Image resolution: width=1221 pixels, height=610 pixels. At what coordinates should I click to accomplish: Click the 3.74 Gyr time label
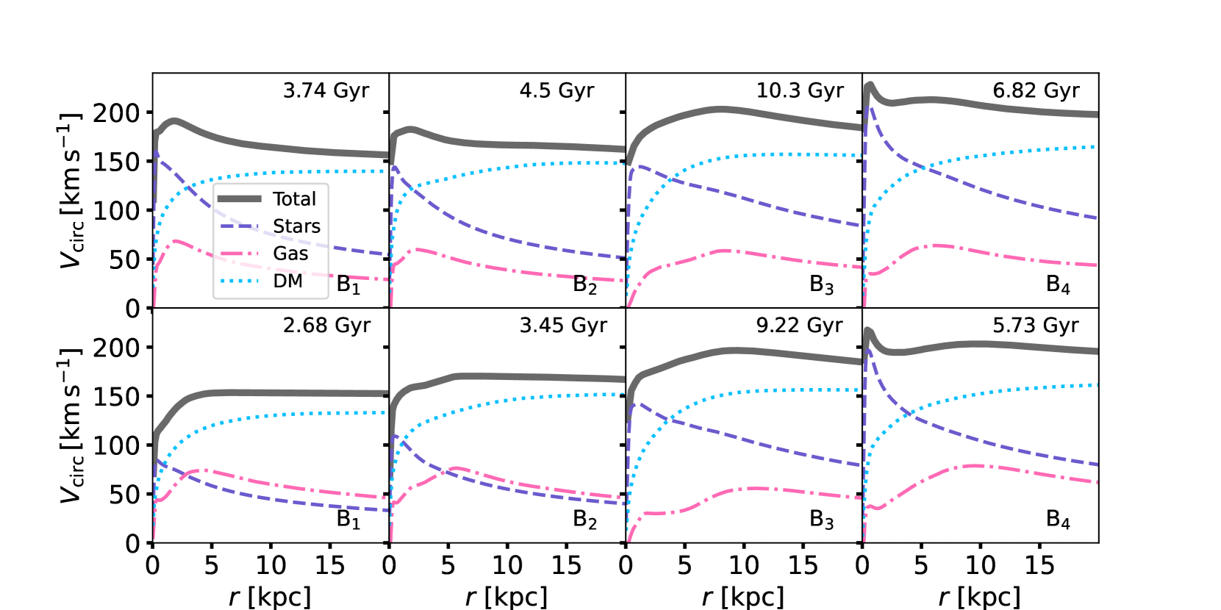pos(326,90)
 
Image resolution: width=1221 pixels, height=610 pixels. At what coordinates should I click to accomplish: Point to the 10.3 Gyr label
pos(800,90)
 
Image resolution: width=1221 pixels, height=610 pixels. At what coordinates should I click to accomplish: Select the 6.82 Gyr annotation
pos(1036,90)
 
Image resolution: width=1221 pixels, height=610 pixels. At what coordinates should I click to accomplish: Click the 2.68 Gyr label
pos(326,325)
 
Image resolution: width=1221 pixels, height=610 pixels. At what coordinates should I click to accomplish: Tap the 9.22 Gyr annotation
pos(799,325)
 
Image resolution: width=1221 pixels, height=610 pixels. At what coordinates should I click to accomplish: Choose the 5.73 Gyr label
pos(1036,325)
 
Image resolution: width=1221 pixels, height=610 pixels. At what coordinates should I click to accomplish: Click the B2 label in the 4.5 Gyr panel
pos(585,284)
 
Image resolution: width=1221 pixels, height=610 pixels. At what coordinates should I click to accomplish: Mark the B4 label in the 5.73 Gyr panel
pos(1058,520)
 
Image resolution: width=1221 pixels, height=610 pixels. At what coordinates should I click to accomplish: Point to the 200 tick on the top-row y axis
pos(116,113)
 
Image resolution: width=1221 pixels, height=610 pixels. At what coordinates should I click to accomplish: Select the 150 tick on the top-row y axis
pos(116,162)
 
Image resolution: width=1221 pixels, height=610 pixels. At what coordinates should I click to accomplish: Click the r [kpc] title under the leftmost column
pos(270,596)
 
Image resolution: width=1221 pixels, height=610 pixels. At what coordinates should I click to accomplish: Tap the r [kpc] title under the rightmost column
pos(979,596)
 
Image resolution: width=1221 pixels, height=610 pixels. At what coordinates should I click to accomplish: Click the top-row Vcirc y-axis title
pos(71,191)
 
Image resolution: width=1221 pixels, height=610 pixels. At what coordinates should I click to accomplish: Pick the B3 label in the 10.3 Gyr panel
pos(821,284)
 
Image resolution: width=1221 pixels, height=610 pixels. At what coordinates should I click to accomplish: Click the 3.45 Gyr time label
pos(563,325)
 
